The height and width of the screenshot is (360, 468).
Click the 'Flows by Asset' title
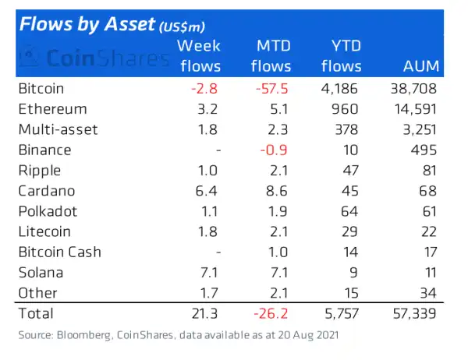[86, 25]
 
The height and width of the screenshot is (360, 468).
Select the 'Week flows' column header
[200, 56]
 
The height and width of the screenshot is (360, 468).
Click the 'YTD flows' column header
[341, 56]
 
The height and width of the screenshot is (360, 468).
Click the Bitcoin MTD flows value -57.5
[272, 89]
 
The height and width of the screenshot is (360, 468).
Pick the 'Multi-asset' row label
[58, 129]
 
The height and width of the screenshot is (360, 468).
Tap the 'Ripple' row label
[38, 171]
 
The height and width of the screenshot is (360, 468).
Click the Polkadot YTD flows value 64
[353, 211]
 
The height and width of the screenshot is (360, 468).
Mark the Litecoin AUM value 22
[428, 231]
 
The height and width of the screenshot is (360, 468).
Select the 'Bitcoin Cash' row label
[59, 252]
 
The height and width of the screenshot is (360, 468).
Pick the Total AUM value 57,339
[412, 314]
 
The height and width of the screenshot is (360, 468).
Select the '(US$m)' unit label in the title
[184, 27]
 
